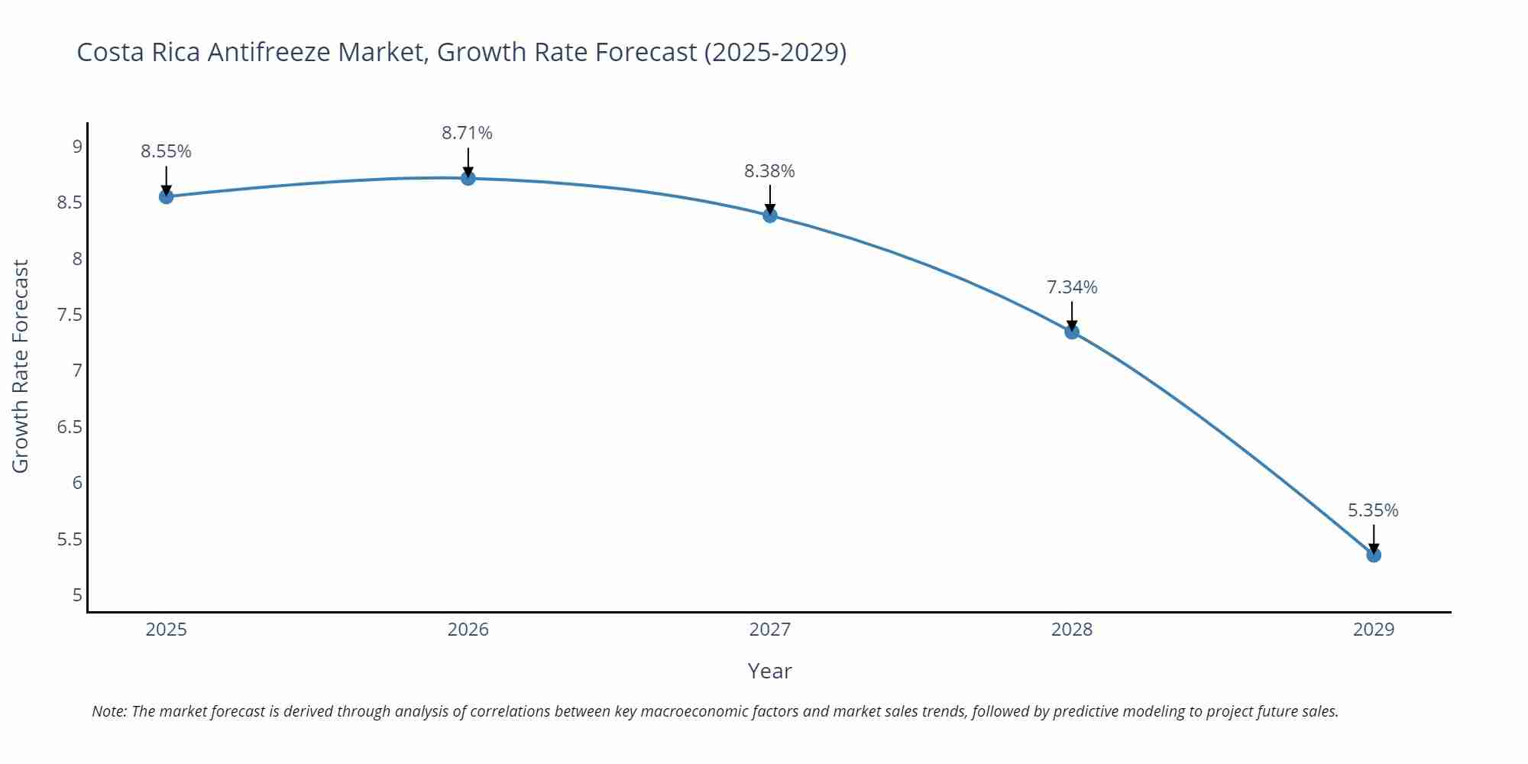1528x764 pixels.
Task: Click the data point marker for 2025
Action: click(166, 196)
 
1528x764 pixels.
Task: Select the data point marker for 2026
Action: click(468, 178)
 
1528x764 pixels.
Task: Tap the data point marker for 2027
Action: click(770, 215)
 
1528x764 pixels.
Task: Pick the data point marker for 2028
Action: click(1072, 332)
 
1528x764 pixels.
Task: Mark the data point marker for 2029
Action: click(1374, 555)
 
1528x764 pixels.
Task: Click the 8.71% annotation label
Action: click(467, 133)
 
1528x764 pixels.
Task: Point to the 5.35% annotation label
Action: click(1373, 510)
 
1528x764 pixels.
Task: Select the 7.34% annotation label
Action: click(1072, 287)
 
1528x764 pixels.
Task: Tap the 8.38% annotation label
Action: click(769, 171)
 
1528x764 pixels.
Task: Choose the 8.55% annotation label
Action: click(166, 151)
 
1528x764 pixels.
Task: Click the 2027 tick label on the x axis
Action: click(770, 630)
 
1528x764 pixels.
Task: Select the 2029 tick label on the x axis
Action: click(1374, 630)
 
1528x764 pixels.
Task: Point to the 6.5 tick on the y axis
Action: click(70, 427)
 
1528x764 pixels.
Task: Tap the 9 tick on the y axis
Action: click(77, 146)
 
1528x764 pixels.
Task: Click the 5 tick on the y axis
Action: click(77, 595)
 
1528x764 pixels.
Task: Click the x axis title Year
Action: click(769, 671)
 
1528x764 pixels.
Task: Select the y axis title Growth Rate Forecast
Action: click(21, 366)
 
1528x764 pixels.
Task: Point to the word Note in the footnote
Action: click(108, 711)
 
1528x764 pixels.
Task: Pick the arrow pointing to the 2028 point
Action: click(1072, 316)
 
